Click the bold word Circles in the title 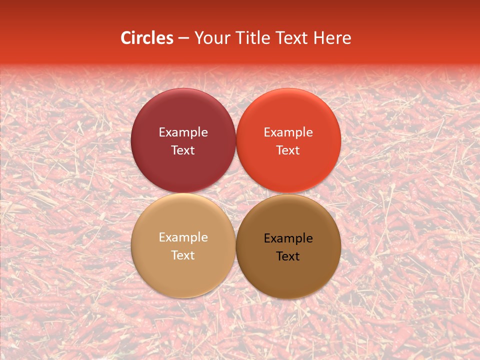[x=147, y=38]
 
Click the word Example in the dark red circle [x=183, y=132]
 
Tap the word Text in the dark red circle [x=183, y=150]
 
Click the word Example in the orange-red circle [x=288, y=132]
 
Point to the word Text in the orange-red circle [x=288, y=150]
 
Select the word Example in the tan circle [x=183, y=237]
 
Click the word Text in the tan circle [x=183, y=255]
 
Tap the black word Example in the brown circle [x=288, y=238]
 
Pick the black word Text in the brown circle [x=288, y=256]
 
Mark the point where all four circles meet [x=235, y=193]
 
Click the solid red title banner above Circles [x=240, y=12]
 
